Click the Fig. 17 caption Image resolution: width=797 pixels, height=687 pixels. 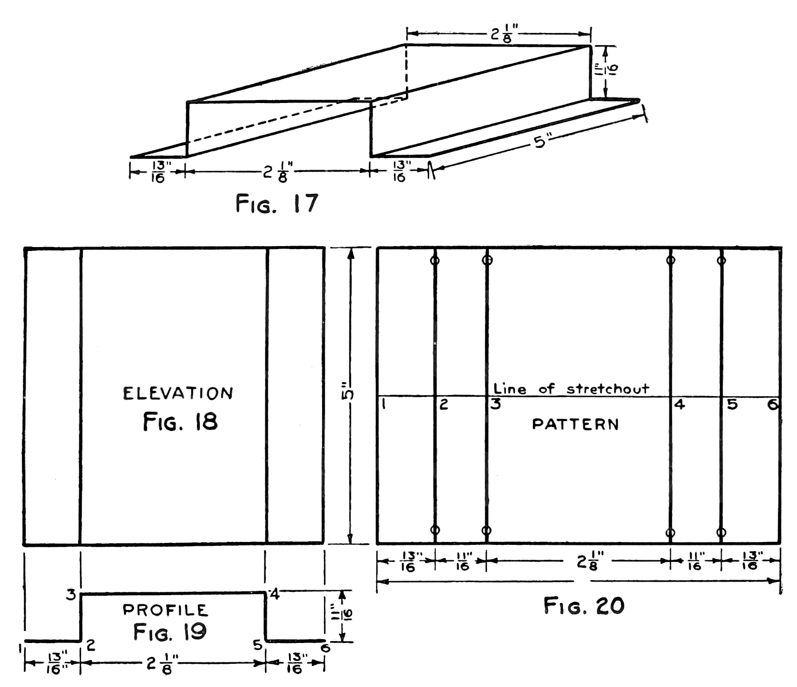point(277,204)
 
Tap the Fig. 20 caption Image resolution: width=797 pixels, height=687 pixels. point(584,605)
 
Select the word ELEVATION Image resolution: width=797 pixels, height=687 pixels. point(178,393)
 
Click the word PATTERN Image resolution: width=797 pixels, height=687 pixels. point(575,424)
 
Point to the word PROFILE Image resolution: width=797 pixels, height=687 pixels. point(166,610)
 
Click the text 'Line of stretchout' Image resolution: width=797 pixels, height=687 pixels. point(571,388)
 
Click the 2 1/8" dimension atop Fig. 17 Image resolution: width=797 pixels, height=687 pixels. point(498,35)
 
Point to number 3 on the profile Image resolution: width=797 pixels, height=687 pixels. point(71,596)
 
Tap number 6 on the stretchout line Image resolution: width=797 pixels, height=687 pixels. point(773,405)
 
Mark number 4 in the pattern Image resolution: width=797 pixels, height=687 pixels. point(679,405)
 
